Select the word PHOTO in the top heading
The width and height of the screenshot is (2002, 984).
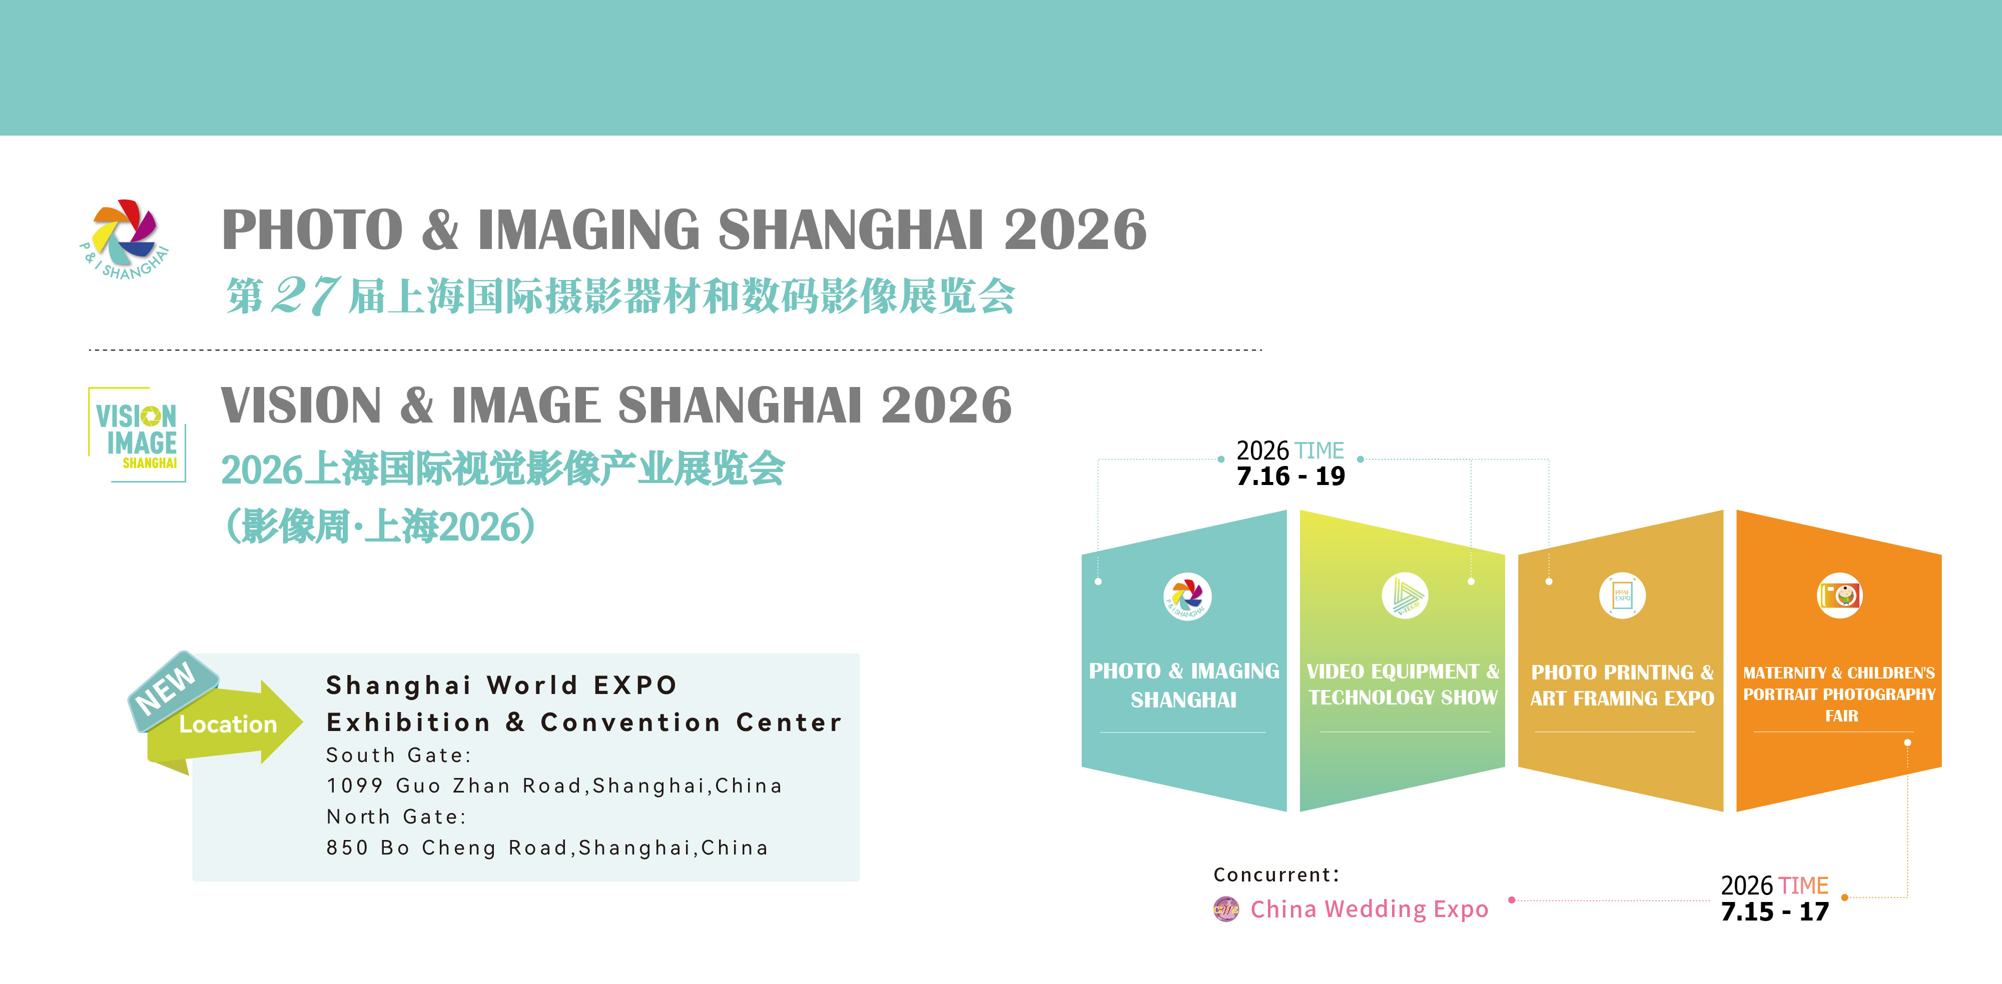click(x=312, y=230)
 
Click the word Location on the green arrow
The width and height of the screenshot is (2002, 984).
click(x=228, y=724)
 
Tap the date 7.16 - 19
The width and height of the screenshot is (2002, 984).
click(x=1290, y=475)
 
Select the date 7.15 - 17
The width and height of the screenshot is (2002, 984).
click(x=1775, y=911)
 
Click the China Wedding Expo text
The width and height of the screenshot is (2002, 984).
click(x=1370, y=908)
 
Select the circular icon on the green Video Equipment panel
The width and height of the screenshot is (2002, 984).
click(x=1405, y=595)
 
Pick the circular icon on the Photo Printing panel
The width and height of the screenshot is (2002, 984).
click(x=1623, y=595)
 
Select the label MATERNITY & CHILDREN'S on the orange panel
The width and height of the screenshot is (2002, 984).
click(x=1839, y=672)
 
